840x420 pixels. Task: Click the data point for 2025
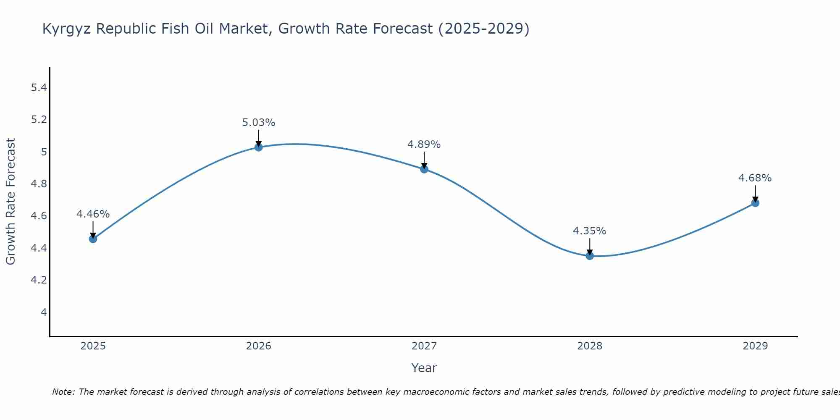93,239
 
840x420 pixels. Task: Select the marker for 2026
259,147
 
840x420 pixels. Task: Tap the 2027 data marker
424,169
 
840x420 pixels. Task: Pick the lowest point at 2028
590,256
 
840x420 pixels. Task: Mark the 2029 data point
755,203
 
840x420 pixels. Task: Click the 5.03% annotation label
259,123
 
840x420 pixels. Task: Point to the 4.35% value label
590,231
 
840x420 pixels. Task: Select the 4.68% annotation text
755,178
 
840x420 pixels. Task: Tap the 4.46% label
93,214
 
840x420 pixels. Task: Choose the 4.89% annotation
424,144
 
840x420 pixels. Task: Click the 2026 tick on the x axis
259,346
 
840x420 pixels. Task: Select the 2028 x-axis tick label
590,346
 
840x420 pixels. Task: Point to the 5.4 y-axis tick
39,88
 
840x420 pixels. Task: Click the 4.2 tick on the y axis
39,280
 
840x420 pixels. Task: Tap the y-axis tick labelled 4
44,312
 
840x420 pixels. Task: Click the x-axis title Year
424,368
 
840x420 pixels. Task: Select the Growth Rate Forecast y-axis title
11,202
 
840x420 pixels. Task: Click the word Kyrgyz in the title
67,29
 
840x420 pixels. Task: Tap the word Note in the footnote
63,392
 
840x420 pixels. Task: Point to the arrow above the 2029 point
755,194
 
